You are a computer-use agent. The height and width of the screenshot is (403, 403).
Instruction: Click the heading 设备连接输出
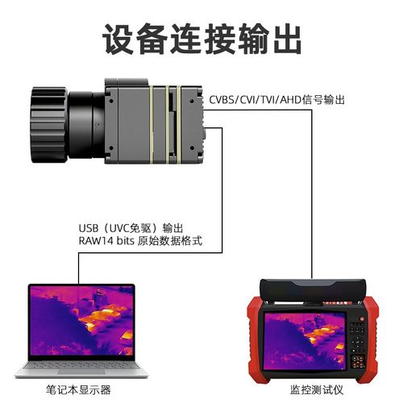201,37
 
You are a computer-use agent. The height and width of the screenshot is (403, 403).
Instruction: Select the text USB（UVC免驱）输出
133,228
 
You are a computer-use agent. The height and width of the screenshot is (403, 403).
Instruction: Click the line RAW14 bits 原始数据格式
139,241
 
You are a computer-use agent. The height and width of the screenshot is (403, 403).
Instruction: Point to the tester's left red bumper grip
253,339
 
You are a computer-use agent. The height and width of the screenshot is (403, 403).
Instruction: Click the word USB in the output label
89,228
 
